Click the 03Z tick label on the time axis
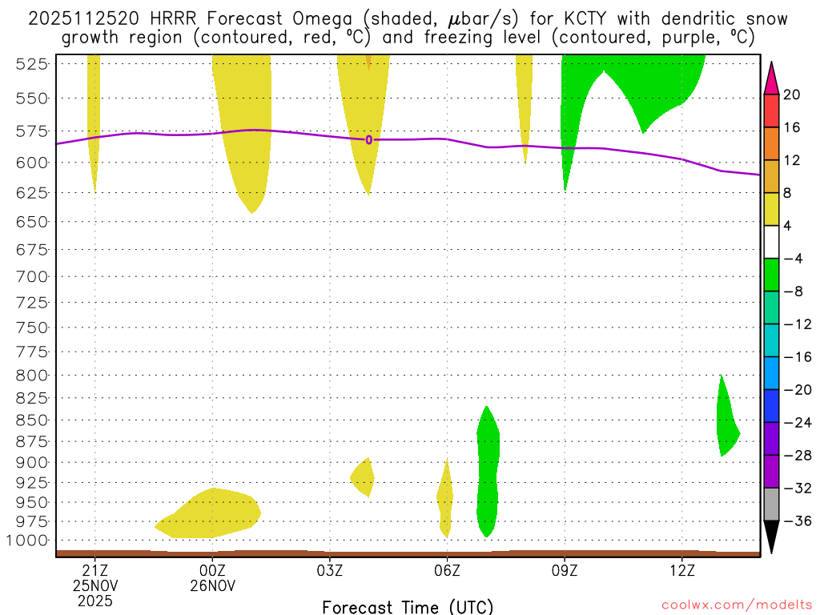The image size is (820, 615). coord(330,570)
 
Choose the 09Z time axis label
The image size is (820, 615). coord(565,570)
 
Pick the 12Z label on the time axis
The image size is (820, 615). coord(681,570)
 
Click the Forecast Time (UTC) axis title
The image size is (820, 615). coord(408,606)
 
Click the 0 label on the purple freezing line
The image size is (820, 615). coord(368,140)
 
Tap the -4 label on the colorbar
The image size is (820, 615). coord(792,259)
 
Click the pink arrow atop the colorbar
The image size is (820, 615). coord(772,77)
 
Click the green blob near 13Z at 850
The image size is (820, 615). coord(727,424)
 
